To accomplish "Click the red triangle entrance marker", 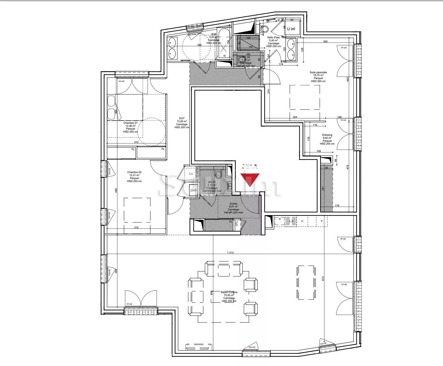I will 250,180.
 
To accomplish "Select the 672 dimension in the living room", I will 323,278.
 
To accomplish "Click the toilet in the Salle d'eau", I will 264,29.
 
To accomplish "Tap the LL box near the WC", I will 191,174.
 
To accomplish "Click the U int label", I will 291,29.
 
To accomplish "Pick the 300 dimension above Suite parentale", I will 325,42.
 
